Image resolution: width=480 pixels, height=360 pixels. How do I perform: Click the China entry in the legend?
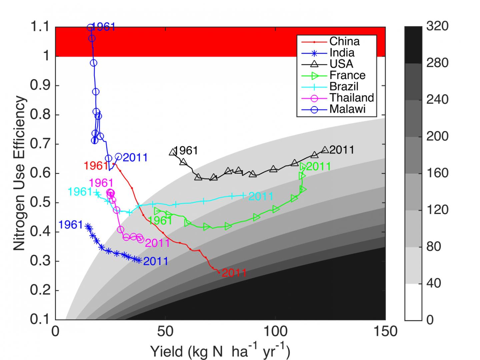(344, 41)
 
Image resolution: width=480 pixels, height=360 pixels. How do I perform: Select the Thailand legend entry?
(351, 98)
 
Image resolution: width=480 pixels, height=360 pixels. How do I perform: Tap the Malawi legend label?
(347, 109)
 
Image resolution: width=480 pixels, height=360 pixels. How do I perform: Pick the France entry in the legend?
(347, 75)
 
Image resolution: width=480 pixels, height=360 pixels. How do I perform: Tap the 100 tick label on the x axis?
(275, 332)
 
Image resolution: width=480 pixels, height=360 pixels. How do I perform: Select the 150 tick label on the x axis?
(385, 332)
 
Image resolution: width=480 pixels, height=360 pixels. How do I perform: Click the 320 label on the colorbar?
(437, 26)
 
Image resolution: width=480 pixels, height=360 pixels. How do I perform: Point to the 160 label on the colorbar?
(437, 173)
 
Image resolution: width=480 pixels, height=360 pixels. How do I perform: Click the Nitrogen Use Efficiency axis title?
(19, 173)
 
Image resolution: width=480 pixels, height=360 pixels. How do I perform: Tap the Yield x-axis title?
(220, 351)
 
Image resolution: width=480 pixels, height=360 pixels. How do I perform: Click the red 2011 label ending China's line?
(234, 273)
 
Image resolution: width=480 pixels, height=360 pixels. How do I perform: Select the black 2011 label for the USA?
(342, 150)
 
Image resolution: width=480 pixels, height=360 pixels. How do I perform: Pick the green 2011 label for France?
(318, 166)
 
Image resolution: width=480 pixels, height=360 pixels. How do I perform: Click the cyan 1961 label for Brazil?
(80, 192)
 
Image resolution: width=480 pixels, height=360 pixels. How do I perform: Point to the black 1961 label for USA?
(186, 151)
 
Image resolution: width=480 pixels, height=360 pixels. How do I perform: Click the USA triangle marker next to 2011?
(325, 149)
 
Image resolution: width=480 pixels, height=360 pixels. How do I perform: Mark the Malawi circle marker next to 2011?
(118, 156)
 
